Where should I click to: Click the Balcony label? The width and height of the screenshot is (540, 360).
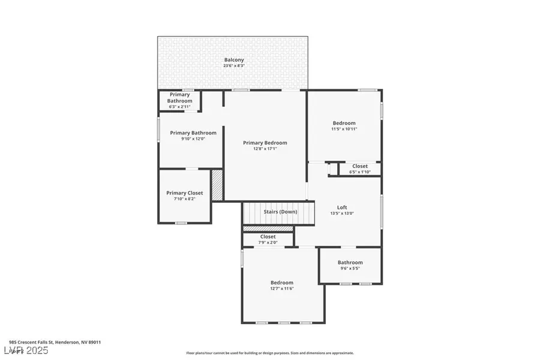(x=233, y=59)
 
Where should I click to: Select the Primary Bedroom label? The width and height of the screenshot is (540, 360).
(x=265, y=143)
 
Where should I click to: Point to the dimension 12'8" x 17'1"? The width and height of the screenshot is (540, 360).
(x=265, y=149)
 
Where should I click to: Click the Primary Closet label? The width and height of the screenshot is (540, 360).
(x=184, y=193)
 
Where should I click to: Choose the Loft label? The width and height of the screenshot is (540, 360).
(x=342, y=208)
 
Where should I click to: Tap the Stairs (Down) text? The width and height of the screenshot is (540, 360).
(x=280, y=212)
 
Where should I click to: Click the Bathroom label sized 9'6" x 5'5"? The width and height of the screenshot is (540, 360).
(x=350, y=262)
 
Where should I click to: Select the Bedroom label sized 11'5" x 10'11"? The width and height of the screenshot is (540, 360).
(x=344, y=123)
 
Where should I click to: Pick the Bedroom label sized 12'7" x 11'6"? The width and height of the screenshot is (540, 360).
(x=281, y=283)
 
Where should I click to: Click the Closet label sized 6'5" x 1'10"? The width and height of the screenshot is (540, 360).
(x=360, y=166)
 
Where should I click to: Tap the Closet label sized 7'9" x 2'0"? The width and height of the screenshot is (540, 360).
(x=268, y=236)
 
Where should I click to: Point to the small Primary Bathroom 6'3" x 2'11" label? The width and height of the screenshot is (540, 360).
(x=180, y=98)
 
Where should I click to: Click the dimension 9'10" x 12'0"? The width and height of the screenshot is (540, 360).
(x=188, y=139)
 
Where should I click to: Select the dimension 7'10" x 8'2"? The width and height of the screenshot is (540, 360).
(x=184, y=199)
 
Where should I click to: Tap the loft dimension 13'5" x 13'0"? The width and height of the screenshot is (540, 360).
(x=342, y=214)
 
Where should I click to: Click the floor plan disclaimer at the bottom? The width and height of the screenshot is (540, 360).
(x=269, y=353)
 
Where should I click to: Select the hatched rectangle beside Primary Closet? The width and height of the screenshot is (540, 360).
(x=217, y=185)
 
